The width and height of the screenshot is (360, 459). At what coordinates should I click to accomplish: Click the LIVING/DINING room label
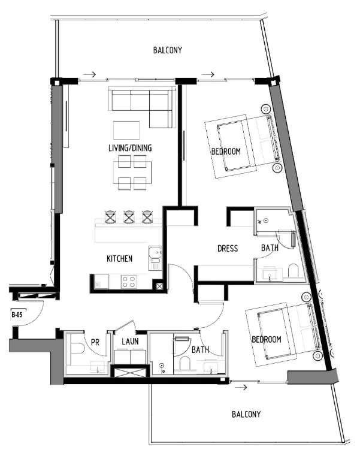pos(130,148)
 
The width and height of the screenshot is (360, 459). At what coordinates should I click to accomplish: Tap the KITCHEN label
pos(119,259)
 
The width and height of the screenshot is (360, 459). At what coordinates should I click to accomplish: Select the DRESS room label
pos(228,249)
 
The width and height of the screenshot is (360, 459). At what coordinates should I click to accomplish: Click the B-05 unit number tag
pos(17,313)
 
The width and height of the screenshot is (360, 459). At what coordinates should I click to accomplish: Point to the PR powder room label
pos(95,342)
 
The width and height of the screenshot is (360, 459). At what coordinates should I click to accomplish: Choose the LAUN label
pos(131,342)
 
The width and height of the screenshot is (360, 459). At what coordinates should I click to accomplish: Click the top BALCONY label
pos(168,50)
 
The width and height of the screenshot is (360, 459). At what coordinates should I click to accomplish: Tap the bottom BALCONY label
pos(246,414)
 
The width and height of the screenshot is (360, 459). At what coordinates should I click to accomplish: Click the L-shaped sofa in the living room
pos(141,105)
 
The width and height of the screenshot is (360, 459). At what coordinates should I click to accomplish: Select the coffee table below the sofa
pos(127,130)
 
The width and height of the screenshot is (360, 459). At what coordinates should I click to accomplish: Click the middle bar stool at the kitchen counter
pos(129,216)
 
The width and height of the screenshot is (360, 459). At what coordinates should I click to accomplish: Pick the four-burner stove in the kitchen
pos(129,280)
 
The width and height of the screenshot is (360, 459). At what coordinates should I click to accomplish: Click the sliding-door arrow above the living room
pos(89,75)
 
